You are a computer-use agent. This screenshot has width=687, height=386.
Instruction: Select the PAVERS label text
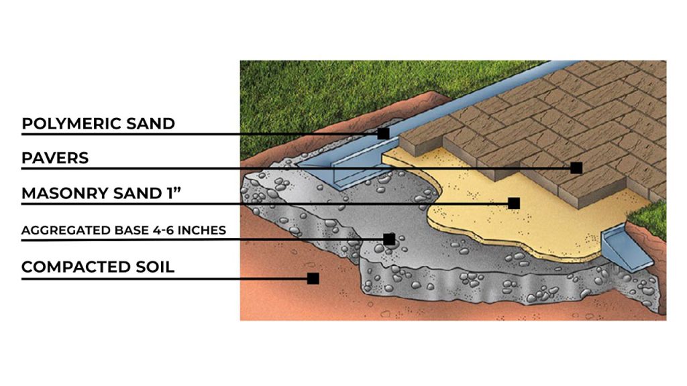(55, 159)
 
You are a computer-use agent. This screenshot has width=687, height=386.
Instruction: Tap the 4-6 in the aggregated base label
(156, 231)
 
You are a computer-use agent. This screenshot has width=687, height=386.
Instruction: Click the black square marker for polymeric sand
(383, 133)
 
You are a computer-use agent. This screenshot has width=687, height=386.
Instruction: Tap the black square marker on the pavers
(576, 168)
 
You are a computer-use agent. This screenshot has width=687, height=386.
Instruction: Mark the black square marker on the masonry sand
(514, 203)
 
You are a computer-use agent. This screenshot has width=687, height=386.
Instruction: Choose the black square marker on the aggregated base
(389, 239)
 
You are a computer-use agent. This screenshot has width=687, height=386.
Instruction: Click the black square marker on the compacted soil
(313, 277)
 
